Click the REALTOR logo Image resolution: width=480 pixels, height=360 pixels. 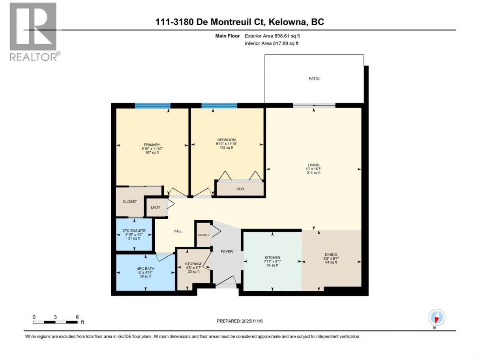pos(35,32)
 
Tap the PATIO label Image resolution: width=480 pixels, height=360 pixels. pos(314,79)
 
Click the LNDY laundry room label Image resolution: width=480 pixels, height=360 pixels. pos(156,207)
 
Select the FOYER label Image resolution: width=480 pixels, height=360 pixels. pos(227,251)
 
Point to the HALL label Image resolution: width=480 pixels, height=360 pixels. pos(178,231)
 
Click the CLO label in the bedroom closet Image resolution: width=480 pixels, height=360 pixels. pos(240,189)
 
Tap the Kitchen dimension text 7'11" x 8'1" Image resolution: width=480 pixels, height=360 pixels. pos(272,261)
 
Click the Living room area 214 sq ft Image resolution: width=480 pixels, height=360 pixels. pos(313,172)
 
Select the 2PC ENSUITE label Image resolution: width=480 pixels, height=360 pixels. pos(134,231)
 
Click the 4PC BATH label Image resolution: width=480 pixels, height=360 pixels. pos(145,269)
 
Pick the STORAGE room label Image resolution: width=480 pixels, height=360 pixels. pos(193,264)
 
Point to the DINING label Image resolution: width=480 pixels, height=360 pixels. pos(331,255)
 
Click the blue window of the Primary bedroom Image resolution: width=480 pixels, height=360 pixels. pos(152,106)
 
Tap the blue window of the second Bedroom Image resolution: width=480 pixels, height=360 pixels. pos(219,106)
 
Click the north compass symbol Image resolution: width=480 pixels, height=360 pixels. pos(437,317)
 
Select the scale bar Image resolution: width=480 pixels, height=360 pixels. pos(55,322)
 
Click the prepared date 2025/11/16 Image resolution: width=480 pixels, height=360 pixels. pos(252,321)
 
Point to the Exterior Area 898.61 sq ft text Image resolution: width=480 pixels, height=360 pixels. pos(272,36)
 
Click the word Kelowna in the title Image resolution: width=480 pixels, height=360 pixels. pos(287,22)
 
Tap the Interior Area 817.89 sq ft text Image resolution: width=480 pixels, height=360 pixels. pos(271,43)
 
